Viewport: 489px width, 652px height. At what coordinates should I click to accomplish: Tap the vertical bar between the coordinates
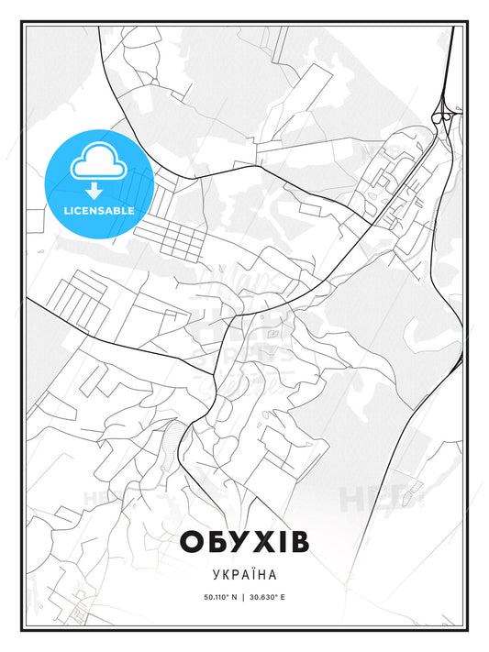click(x=245, y=597)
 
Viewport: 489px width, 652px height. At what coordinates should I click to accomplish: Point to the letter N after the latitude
click(x=235, y=597)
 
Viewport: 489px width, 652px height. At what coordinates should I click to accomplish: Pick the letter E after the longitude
click(x=284, y=597)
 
